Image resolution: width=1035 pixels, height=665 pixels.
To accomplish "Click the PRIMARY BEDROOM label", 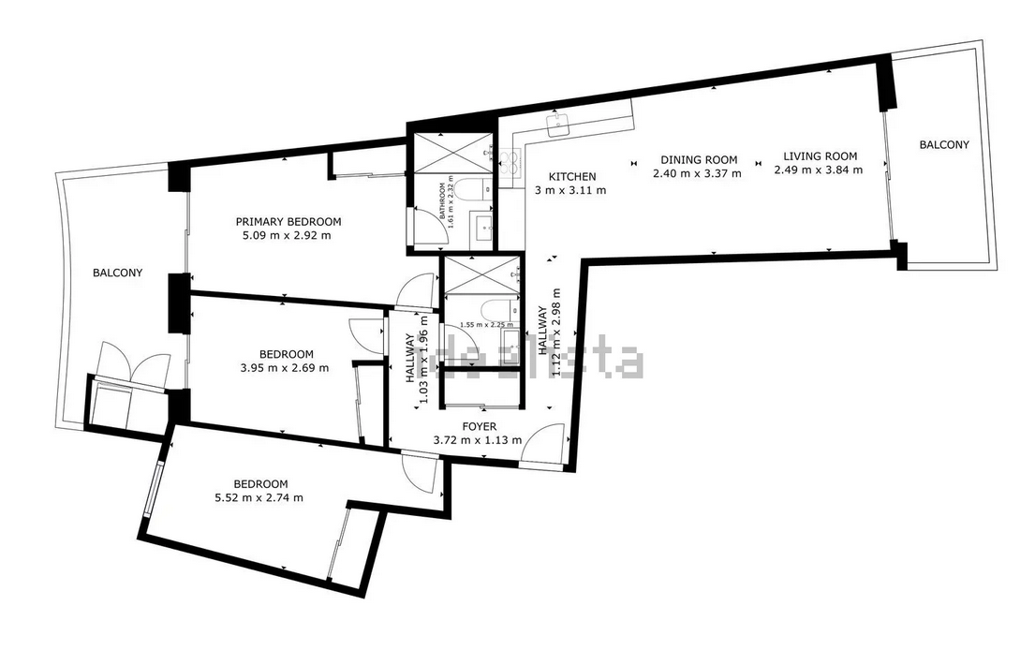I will (x=288, y=221).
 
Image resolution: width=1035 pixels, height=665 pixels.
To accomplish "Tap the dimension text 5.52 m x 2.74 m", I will (x=259, y=497).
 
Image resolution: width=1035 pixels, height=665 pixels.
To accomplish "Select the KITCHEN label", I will (x=571, y=177).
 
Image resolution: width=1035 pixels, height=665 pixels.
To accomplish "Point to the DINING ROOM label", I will (x=698, y=159).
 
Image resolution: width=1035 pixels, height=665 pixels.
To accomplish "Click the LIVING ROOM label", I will (x=820, y=156).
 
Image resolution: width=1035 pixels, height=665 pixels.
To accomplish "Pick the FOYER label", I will (x=478, y=426).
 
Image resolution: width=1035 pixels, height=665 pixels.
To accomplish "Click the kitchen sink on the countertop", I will (x=562, y=123).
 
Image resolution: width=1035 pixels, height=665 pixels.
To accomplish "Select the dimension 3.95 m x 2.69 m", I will (x=285, y=368).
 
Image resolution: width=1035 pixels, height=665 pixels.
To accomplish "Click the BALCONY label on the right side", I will (x=943, y=144).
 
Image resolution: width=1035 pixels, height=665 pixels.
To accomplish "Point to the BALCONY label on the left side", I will (x=117, y=273).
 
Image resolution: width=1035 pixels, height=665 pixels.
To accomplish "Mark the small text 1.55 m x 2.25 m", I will (x=480, y=324).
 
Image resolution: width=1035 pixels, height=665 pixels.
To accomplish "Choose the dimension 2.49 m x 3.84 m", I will (x=819, y=170).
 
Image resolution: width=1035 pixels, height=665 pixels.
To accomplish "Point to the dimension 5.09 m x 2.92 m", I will (x=287, y=235).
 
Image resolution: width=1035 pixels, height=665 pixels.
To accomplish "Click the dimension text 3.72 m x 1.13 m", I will (x=478, y=440).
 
